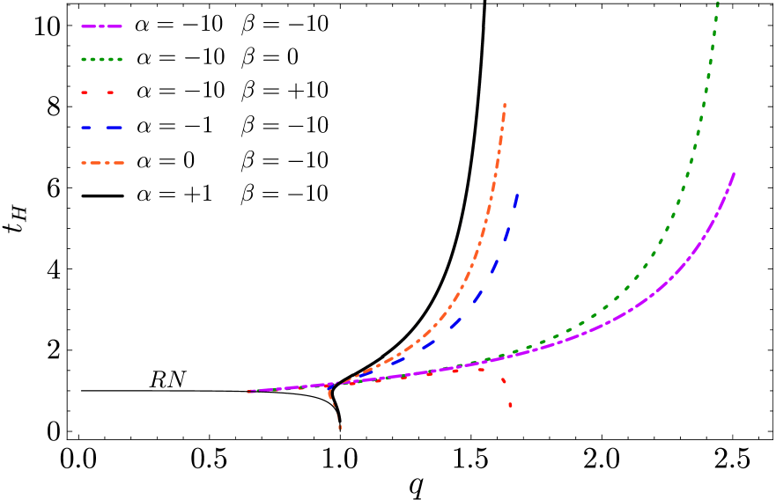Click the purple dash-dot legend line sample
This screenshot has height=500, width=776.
tap(101, 26)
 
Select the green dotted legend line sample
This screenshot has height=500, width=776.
tap(101, 60)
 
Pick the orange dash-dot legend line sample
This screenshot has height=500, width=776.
tap(102, 163)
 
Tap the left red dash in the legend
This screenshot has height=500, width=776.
tap(85, 92)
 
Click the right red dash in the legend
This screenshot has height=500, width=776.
tap(111, 92)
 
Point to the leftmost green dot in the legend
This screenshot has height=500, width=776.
tap(84, 60)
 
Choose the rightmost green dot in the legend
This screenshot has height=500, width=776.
tap(120, 60)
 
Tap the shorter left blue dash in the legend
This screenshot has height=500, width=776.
tap(86, 129)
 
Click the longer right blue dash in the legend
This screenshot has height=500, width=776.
tap(114, 129)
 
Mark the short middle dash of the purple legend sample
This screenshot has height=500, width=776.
tap(102, 26)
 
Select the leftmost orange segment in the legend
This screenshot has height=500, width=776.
tap(85, 163)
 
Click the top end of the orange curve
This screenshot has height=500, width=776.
tap(505, 105)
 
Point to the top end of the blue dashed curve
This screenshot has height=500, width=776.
tap(517, 195)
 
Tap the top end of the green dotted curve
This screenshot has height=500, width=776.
tap(717, 4)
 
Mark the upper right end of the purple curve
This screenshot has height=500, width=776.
tap(734, 173)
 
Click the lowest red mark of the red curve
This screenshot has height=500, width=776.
tap(510, 405)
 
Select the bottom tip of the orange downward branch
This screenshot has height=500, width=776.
tap(340, 428)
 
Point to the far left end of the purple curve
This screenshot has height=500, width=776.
tap(250, 391)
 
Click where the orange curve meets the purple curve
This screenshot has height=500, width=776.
tap(335, 385)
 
